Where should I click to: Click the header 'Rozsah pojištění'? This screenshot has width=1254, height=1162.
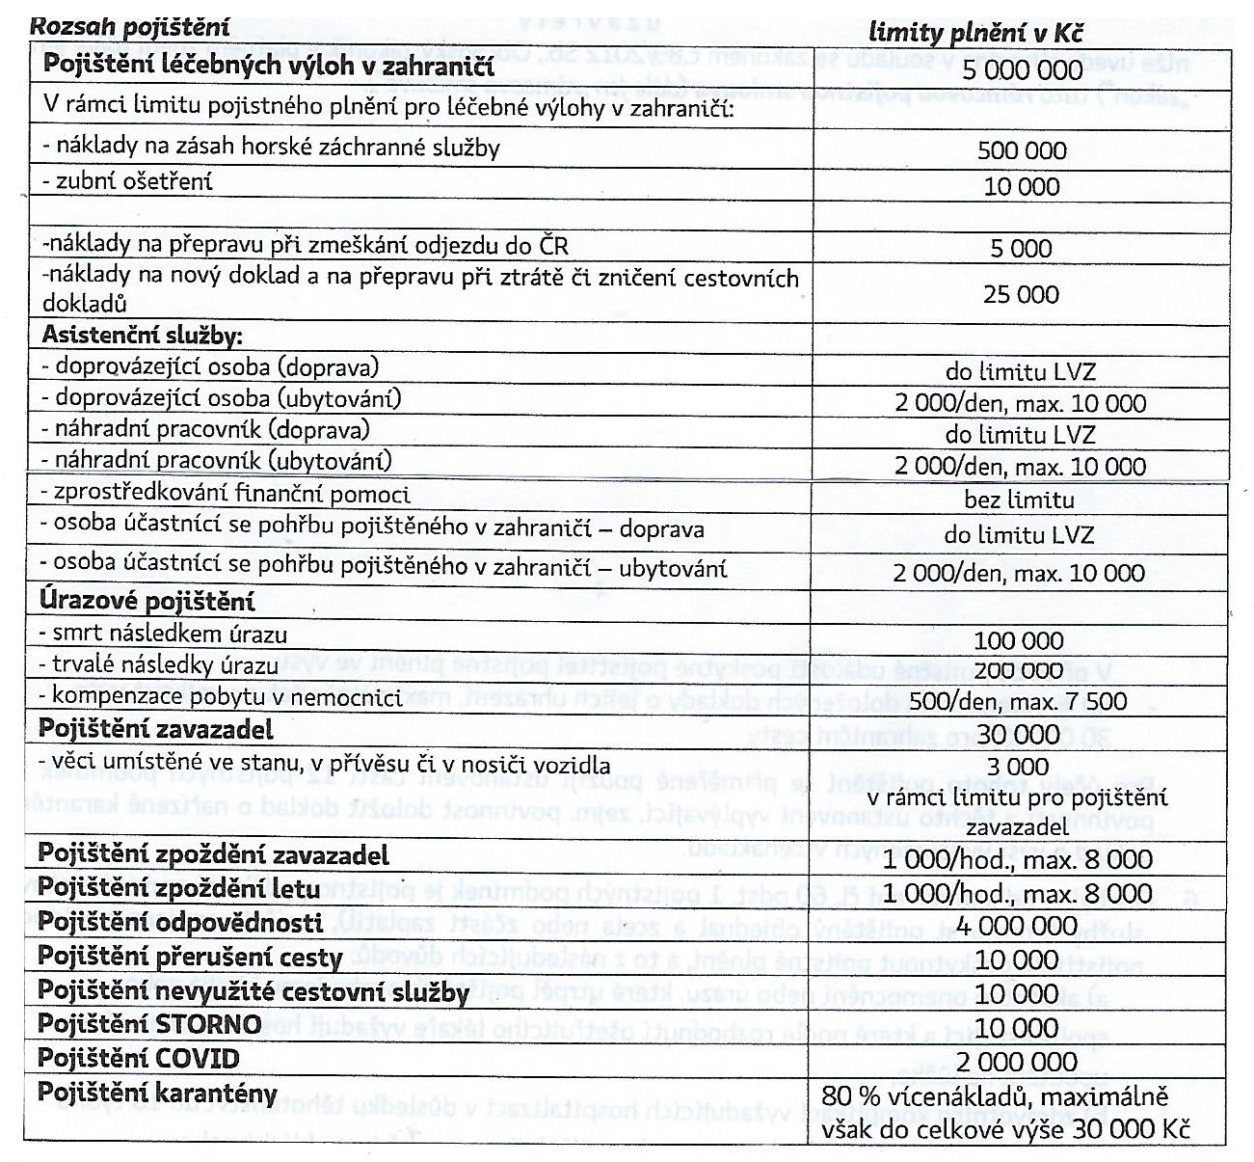130,26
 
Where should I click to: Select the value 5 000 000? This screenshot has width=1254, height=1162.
1022,70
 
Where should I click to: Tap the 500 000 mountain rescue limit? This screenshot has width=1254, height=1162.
1022,151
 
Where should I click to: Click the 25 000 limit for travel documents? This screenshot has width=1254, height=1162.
1021,294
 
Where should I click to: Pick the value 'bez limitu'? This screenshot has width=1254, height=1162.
1019,500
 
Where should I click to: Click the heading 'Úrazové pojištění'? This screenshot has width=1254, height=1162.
147,602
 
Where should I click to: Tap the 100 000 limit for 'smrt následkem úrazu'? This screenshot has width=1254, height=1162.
1019,641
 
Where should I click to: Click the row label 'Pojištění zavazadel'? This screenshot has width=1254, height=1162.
156,729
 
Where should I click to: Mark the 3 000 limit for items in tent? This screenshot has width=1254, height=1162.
1019,768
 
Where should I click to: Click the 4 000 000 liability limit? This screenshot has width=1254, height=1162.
1018,927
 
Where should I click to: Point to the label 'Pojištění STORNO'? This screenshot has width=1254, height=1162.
149,1023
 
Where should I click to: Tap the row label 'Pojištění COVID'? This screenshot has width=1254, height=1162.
138,1058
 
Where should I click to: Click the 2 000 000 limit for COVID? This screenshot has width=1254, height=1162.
1018,1063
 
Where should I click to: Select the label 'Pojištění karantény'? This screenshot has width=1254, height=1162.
157,1094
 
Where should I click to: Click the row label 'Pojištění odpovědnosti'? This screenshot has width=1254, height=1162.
180,923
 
